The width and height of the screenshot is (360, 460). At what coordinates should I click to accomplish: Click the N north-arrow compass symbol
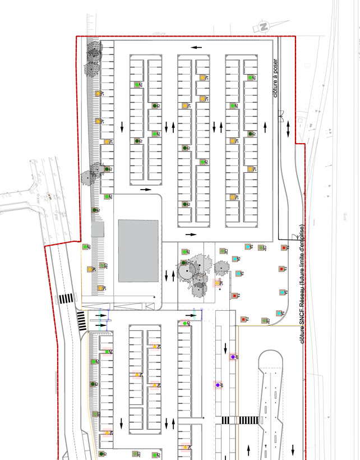262,26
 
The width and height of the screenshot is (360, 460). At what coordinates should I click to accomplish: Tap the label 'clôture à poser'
275,78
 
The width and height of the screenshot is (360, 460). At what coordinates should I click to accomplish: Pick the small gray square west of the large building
98,229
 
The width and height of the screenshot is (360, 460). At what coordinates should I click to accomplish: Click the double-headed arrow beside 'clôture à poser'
289,130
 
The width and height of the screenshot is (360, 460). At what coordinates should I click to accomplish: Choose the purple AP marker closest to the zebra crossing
218,385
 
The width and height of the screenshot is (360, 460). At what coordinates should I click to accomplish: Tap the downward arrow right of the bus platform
293,449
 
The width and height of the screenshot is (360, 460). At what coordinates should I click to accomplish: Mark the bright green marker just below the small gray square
85,246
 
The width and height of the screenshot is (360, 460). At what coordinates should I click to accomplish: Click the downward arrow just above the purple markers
226,347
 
